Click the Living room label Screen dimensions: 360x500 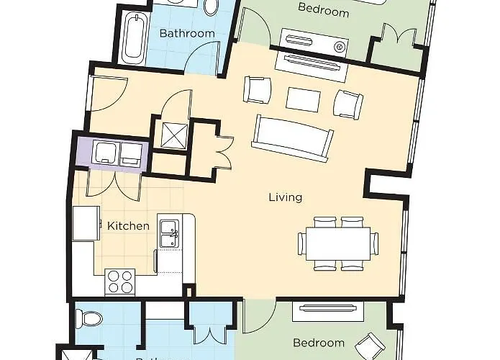(285, 197)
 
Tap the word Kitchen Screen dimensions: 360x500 (128, 226)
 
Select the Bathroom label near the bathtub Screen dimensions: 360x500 (187, 33)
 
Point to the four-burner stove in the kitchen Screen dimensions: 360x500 (120, 281)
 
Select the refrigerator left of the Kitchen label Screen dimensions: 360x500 (85, 224)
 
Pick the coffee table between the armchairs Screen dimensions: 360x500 (303, 99)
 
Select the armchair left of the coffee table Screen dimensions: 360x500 (258, 90)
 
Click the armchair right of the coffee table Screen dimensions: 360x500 (349, 103)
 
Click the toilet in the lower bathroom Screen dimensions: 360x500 (89, 317)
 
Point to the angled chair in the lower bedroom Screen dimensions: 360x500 (372, 346)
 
